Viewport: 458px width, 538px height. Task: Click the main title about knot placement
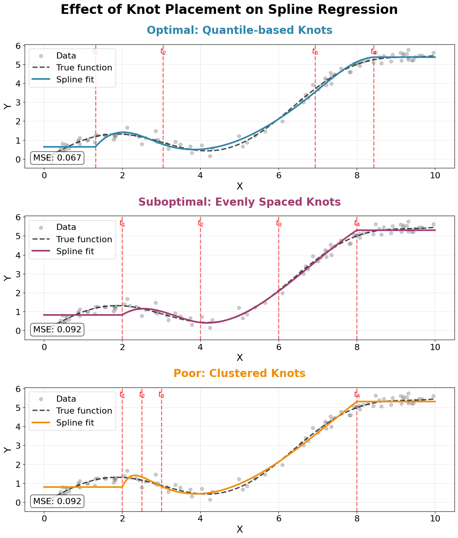pyautogui.click(x=229, y=10)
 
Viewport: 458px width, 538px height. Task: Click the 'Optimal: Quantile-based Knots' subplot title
pyautogui.click(x=239, y=30)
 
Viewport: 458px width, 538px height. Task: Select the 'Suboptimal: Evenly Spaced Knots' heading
pyautogui.click(x=239, y=202)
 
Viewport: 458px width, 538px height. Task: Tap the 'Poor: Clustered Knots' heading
pyautogui.click(x=239, y=374)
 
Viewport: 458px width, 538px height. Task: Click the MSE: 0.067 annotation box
pyautogui.click(x=57, y=158)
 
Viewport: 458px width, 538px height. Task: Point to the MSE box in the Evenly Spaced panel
pyautogui.click(x=57, y=329)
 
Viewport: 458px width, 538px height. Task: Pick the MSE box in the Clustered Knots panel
pyautogui.click(x=57, y=501)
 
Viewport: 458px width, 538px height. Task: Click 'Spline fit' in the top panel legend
pyautogui.click(x=75, y=80)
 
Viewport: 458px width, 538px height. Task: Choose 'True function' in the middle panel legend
pyautogui.click(x=84, y=240)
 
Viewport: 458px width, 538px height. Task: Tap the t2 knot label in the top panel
pyautogui.click(x=163, y=52)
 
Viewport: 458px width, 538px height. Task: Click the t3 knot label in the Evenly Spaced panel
pyautogui.click(x=278, y=223)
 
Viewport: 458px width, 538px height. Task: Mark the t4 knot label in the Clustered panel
pyautogui.click(x=357, y=395)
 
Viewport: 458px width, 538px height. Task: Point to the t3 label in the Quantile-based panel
pyautogui.click(x=315, y=52)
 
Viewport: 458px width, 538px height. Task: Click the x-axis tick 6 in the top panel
pyautogui.click(x=278, y=174)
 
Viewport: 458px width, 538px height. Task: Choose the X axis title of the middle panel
pyautogui.click(x=239, y=358)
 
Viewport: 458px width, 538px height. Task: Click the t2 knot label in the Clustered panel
pyautogui.click(x=142, y=395)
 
